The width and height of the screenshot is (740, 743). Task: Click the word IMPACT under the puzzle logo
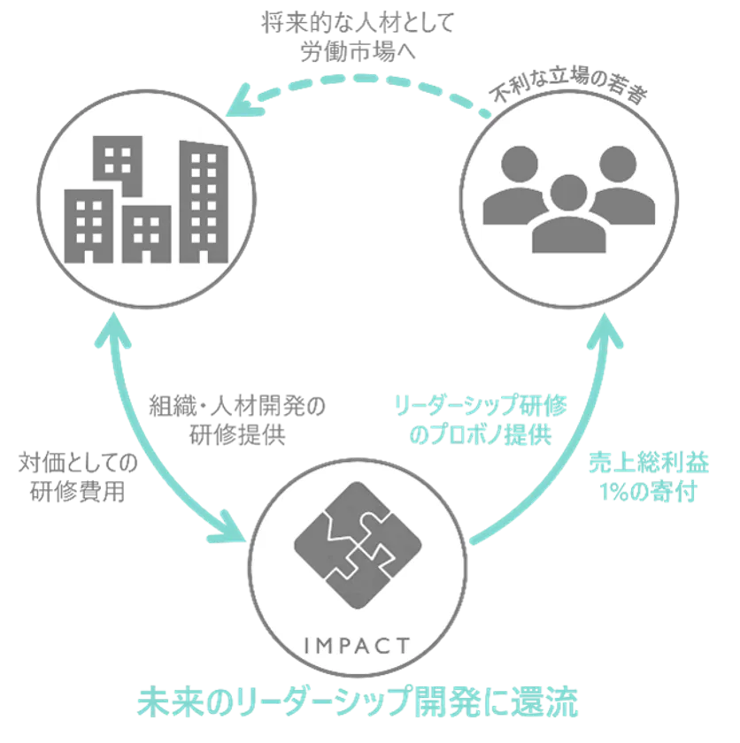357,646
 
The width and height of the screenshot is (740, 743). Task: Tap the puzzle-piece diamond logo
358,545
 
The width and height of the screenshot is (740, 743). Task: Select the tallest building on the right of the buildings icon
204,202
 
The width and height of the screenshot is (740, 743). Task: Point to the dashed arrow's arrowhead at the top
242,101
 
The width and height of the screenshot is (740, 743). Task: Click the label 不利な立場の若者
569,86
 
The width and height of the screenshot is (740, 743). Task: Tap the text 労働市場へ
358,51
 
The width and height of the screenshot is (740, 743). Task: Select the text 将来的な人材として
358,23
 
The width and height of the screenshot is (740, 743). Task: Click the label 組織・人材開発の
237,406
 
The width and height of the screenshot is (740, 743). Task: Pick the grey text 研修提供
237,434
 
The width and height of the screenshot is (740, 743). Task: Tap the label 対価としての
78,463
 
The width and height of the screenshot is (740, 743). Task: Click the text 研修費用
78,492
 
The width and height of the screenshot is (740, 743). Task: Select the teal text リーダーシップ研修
481,406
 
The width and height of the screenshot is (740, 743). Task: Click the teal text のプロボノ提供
481,434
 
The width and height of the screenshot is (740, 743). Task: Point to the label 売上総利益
649,463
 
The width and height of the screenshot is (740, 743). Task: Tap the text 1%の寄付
649,492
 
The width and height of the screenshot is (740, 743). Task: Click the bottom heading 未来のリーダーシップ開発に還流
358,701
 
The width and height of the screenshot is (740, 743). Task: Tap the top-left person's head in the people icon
520,164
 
